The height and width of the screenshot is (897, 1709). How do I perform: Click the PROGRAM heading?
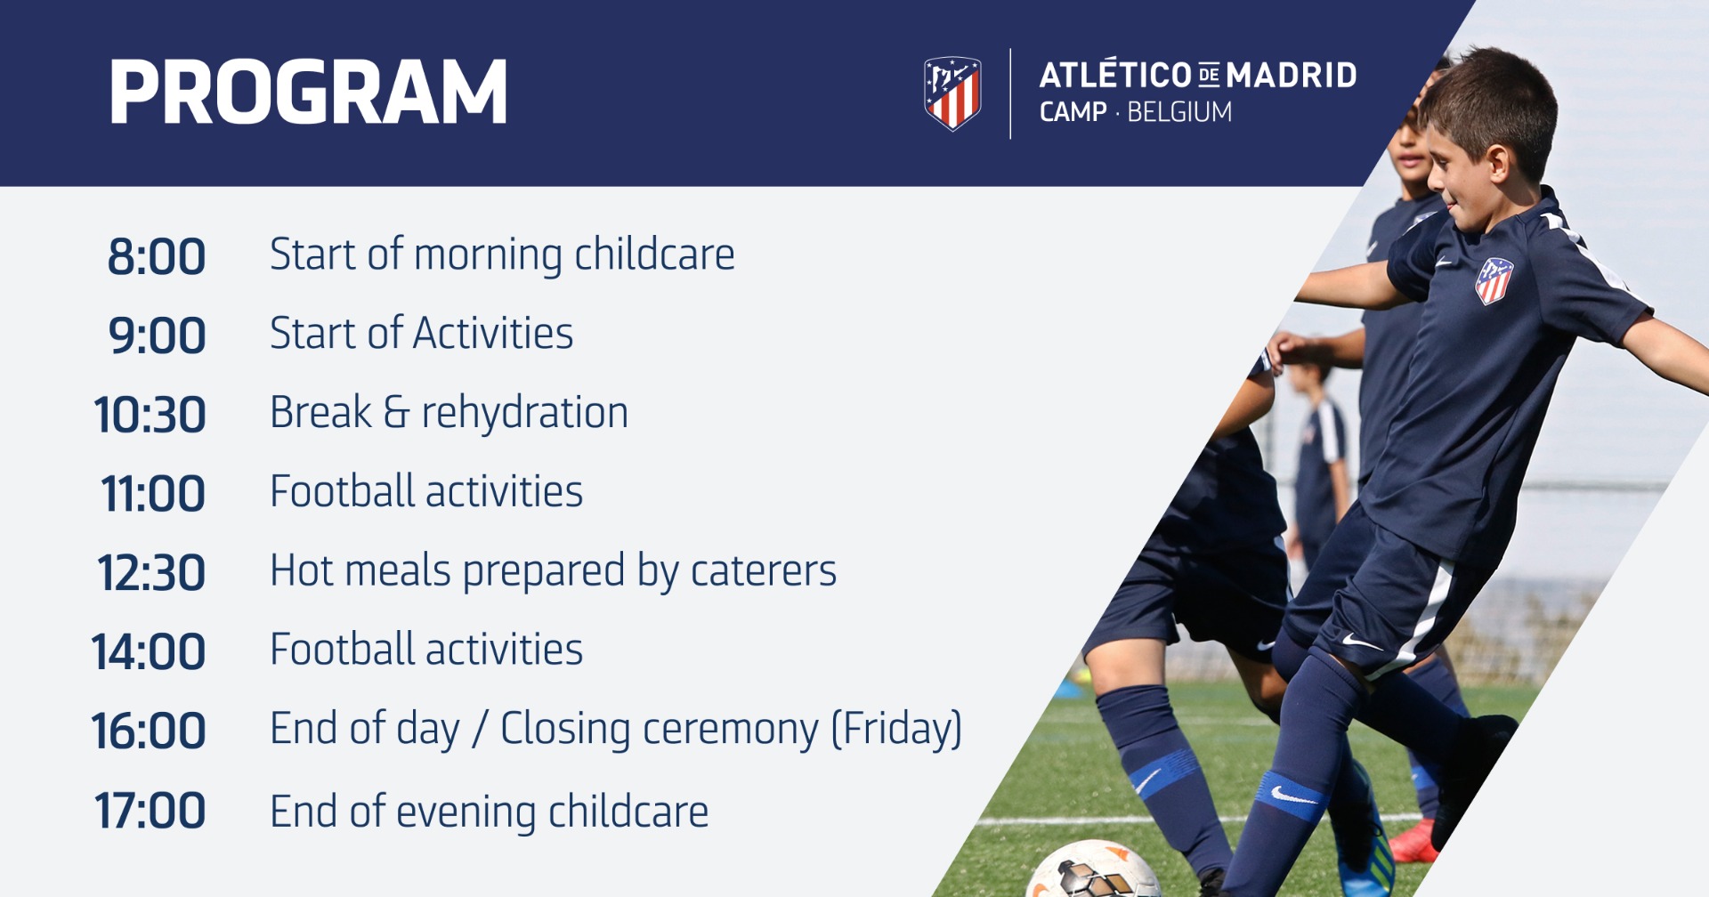[308, 92]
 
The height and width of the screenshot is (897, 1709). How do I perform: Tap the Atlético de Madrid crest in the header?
[952, 93]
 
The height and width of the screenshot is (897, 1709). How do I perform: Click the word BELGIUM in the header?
[1179, 112]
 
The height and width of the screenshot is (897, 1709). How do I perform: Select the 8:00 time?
[157, 257]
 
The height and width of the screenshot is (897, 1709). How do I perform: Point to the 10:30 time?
[150, 416]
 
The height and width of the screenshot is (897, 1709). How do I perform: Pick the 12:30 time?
[150, 573]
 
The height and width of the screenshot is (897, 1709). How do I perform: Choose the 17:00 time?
[150, 812]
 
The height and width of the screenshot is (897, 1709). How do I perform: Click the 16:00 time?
[148, 731]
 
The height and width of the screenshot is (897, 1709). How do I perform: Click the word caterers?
[764, 571]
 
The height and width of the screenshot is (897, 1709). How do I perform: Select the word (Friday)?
[896, 730]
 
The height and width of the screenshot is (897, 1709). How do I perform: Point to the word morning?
[488, 256]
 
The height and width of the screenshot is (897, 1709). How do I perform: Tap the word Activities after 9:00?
[493, 334]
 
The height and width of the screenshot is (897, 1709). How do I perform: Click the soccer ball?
[1092, 869]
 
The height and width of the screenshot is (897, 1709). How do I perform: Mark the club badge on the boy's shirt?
[1494, 280]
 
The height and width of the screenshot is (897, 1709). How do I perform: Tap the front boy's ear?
[1497, 164]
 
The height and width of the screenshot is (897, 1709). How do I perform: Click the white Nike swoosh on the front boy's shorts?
[1360, 641]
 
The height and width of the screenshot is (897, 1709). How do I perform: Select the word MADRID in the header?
[1292, 76]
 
